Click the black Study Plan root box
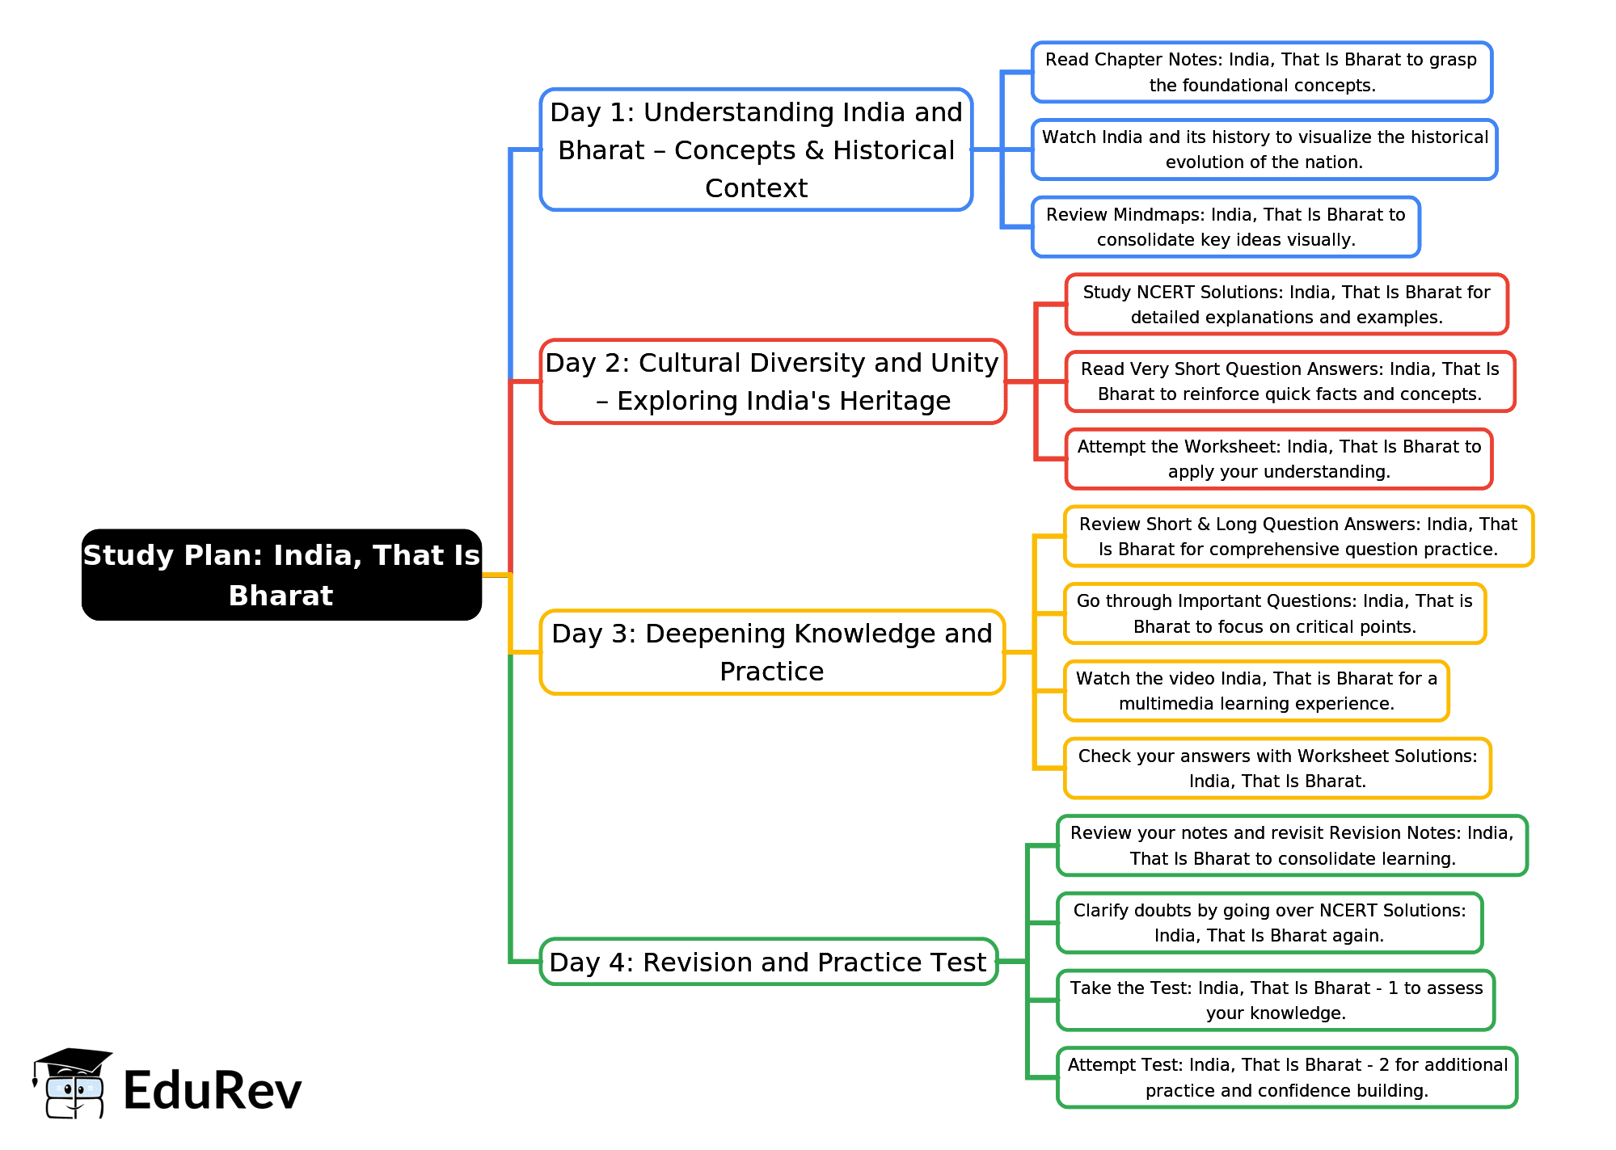point(281,575)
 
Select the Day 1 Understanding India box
point(756,150)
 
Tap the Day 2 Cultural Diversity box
point(773,381)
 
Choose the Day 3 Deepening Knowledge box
point(772,652)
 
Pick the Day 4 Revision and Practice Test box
point(768,962)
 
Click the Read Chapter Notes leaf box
point(1261,72)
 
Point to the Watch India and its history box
point(1264,150)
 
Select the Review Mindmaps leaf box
point(1226,227)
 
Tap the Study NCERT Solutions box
point(1286,304)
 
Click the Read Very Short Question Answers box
point(1289,381)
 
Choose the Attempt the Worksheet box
point(1279,459)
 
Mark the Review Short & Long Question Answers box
point(1298,537)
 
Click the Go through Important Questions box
point(1275,613)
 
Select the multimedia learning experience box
point(1256,691)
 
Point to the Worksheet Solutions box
point(1277,769)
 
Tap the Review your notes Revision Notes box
point(1292,845)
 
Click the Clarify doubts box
point(1269,923)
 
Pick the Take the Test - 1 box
point(1276,1000)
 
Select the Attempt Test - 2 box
point(1287,1077)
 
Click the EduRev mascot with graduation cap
point(72,1084)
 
